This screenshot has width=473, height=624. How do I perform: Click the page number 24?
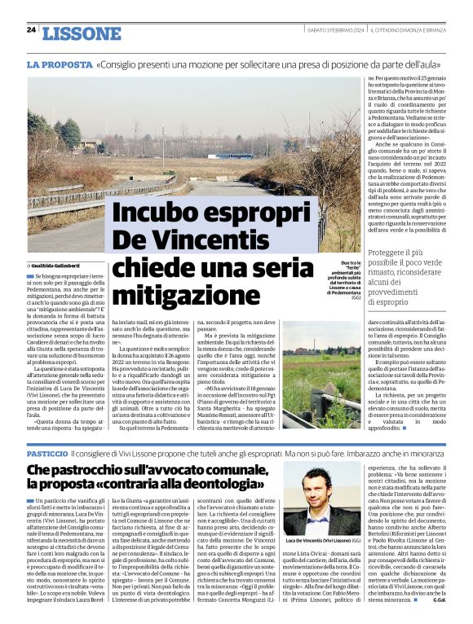point(31,29)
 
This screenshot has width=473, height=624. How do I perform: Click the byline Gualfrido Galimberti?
point(57,266)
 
